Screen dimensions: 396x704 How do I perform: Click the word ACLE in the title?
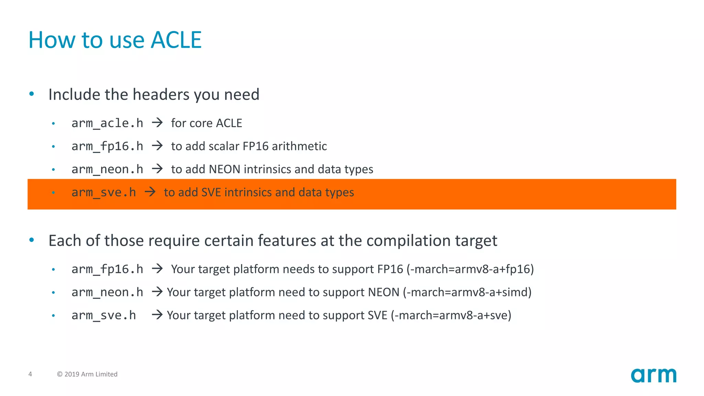point(176,40)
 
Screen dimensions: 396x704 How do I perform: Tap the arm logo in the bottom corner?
point(653,375)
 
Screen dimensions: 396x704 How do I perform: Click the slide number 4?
point(30,374)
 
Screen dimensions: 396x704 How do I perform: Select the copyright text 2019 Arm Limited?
point(87,374)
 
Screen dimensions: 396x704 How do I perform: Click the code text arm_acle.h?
point(107,123)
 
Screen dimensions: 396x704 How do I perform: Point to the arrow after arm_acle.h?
point(157,123)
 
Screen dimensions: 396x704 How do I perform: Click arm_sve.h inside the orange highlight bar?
point(103,192)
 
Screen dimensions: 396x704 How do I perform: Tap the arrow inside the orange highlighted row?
point(150,192)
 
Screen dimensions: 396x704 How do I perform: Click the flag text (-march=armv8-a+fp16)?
point(470,269)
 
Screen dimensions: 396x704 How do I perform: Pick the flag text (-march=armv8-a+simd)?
point(467,292)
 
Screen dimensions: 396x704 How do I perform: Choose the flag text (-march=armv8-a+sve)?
point(451,315)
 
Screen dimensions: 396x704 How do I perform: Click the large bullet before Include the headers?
point(32,94)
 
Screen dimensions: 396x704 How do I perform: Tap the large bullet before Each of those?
point(32,240)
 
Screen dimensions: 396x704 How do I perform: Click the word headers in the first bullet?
point(161,95)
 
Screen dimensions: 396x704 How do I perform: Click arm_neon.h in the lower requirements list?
point(107,292)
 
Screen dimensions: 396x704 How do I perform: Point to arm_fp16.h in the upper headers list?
point(107,146)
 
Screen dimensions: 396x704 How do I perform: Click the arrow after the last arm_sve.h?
point(157,315)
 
